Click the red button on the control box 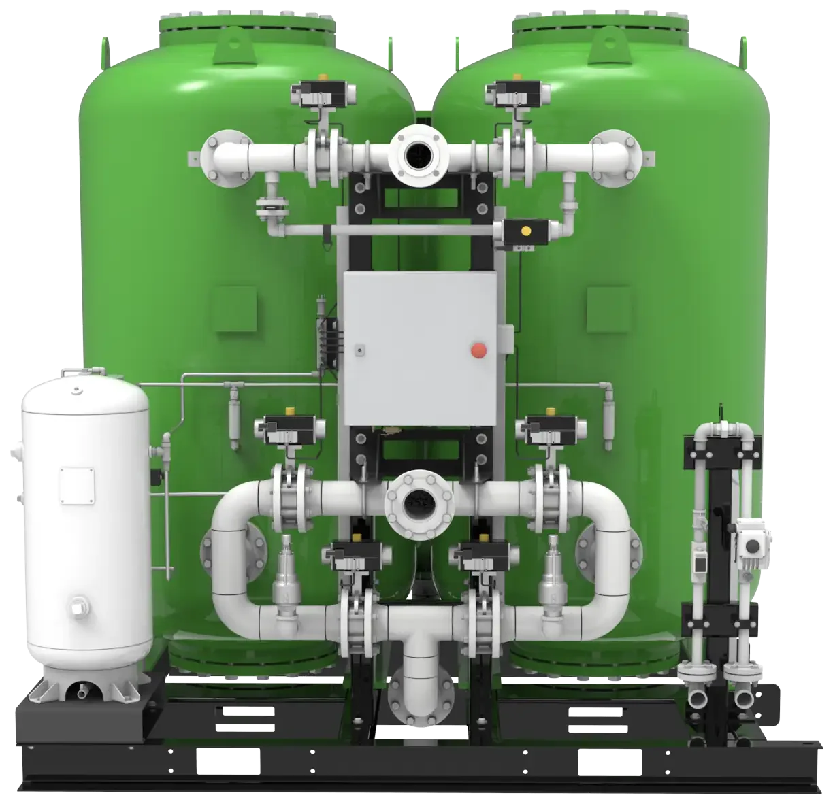pos(479,350)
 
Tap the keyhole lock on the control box pos(358,350)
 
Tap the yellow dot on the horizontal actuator pos(525,231)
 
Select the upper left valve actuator pos(317,93)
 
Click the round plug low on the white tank pos(80,603)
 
